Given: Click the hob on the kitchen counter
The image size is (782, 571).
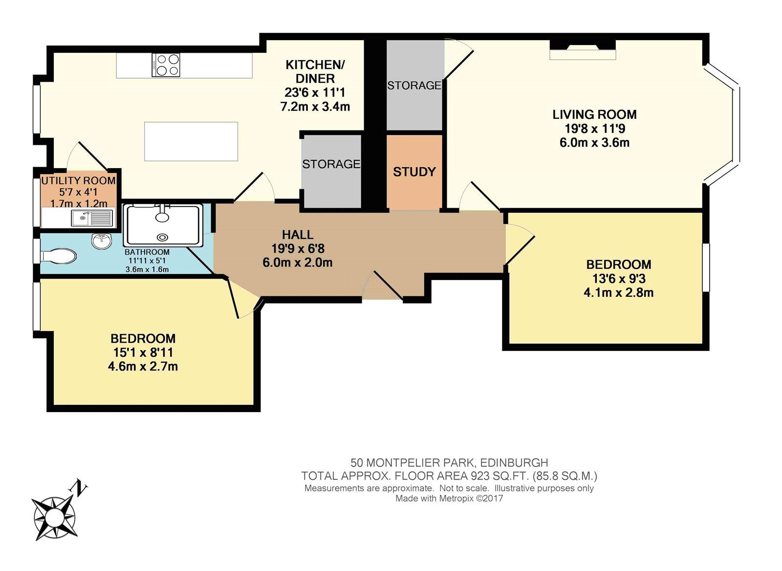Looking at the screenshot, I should [x=166, y=65].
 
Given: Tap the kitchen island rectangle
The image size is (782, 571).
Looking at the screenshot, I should [x=191, y=141].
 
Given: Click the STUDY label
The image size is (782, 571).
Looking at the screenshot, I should [x=414, y=172].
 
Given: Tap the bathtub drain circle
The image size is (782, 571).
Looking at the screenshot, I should [x=162, y=237].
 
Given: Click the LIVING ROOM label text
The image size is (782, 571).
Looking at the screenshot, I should [x=594, y=114].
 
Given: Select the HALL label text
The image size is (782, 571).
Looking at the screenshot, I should [x=298, y=235].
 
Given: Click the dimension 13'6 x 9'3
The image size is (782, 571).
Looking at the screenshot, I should [x=618, y=279].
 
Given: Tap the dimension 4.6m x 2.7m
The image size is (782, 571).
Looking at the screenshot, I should [x=143, y=366].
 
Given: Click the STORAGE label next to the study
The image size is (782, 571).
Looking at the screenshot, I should [x=414, y=86].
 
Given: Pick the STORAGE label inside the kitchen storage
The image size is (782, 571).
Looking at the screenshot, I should [x=331, y=164].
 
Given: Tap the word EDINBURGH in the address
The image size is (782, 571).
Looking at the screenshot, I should [x=514, y=462].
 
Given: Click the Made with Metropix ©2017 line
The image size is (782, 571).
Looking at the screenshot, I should [x=449, y=499].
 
